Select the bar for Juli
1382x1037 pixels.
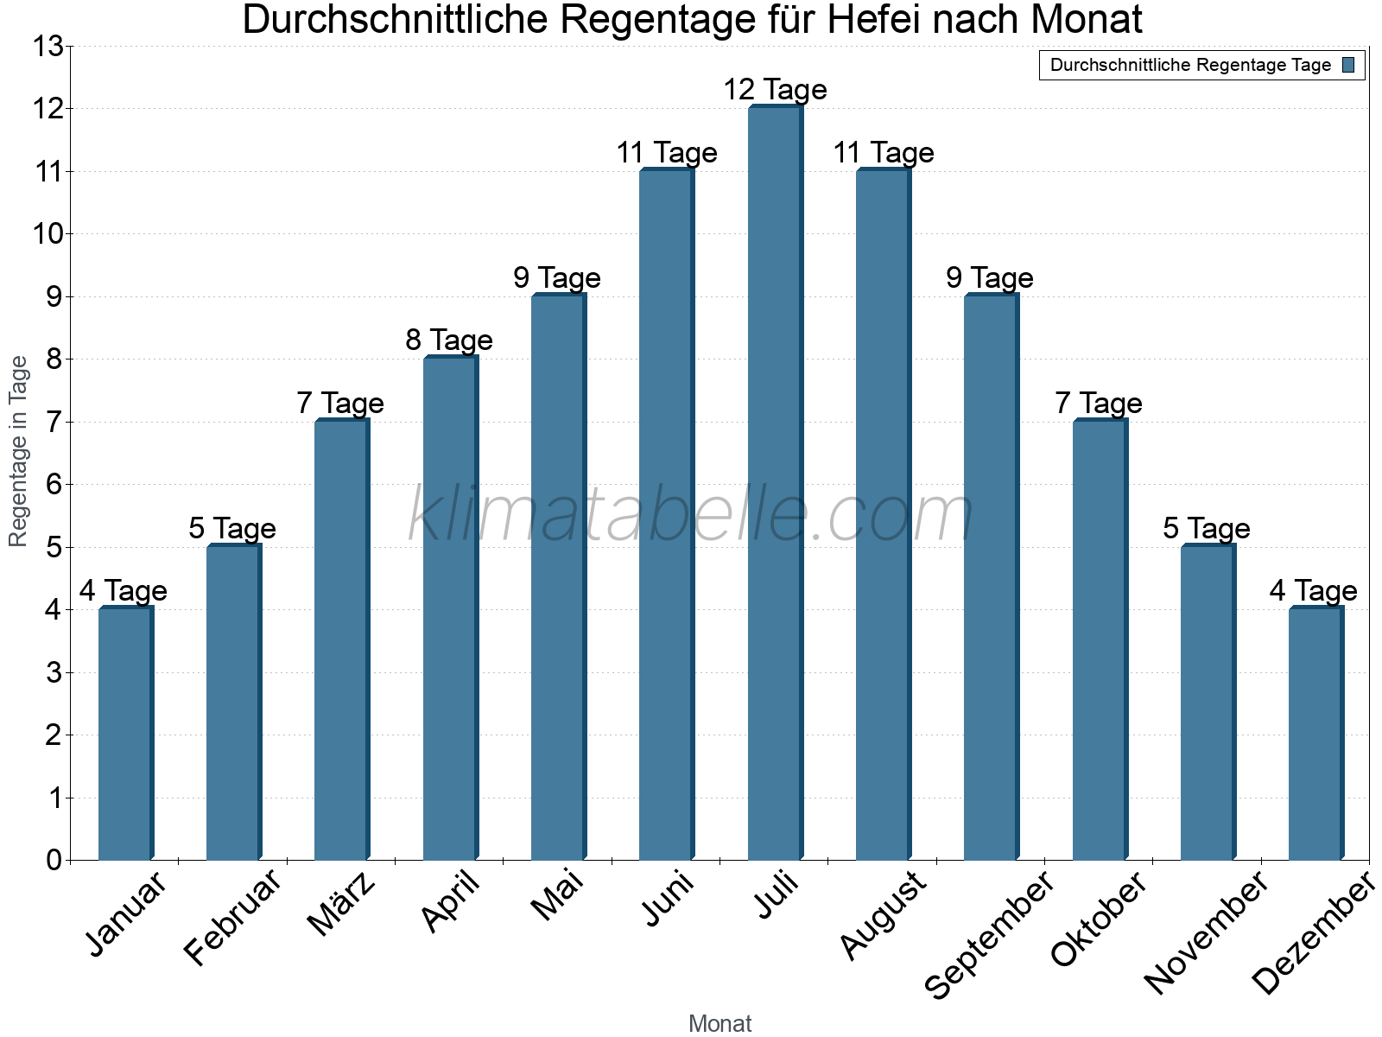pyautogui.click(x=775, y=484)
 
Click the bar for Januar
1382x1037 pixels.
pyautogui.click(x=125, y=735)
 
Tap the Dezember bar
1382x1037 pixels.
pyautogui.click(x=1315, y=735)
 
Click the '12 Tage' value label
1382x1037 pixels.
pyautogui.click(x=775, y=89)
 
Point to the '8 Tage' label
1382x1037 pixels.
pyautogui.click(x=449, y=340)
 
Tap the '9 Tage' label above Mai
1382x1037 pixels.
pyautogui.click(x=557, y=277)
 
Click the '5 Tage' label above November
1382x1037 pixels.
pyautogui.click(x=1207, y=528)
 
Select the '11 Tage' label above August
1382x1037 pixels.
pyautogui.click(x=884, y=152)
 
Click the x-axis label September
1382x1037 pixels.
pyautogui.click(x=990, y=933)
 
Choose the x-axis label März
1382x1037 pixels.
pyautogui.click(x=342, y=904)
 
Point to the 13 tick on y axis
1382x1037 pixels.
pyautogui.click(x=48, y=47)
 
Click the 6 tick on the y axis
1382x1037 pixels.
pyautogui.click(x=54, y=485)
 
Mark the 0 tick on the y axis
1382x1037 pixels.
pyautogui.click(x=54, y=861)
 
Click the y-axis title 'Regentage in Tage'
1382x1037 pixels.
pyautogui.click(x=18, y=451)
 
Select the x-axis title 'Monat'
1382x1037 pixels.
pyautogui.click(x=720, y=1023)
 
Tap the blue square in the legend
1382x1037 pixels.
pyautogui.click(x=1348, y=65)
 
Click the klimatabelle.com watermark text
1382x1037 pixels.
pyautogui.click(x=691, y=515)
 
